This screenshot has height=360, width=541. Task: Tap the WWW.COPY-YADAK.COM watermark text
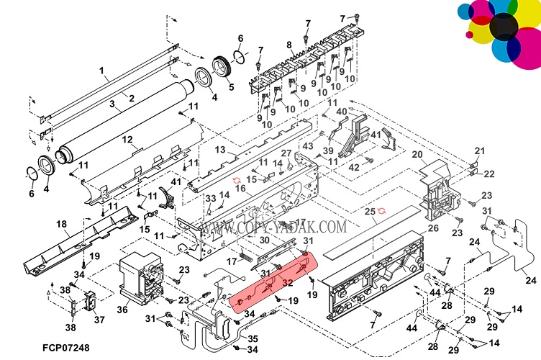tap(273, 228)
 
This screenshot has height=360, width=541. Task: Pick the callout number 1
tap(103, 71)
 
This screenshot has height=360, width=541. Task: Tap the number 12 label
tap(127, 139)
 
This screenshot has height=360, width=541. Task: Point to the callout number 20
tap(417, 155)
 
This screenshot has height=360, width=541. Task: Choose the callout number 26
tap(433, 229)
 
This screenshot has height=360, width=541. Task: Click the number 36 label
tap(122, 310)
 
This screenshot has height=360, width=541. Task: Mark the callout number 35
tap(253, 338)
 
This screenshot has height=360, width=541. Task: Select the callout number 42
tap(353, 168)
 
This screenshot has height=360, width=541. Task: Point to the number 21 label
tap(481, 150)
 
